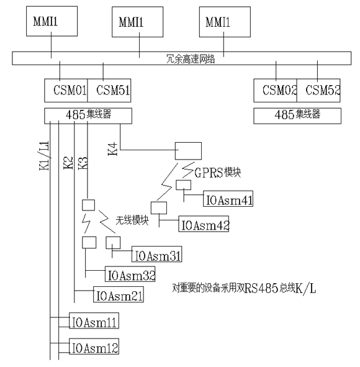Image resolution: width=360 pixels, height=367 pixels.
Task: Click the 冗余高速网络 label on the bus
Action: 191,58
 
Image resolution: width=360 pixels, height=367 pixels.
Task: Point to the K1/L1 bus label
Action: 44,155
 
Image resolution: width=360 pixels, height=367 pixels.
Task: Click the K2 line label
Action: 68,163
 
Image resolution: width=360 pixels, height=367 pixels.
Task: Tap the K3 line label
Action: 83,163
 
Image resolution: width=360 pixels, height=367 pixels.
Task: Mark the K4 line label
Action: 112,149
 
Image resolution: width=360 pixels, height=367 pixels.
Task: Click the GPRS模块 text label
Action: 217,173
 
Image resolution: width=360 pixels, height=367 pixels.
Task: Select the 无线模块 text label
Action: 132,220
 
